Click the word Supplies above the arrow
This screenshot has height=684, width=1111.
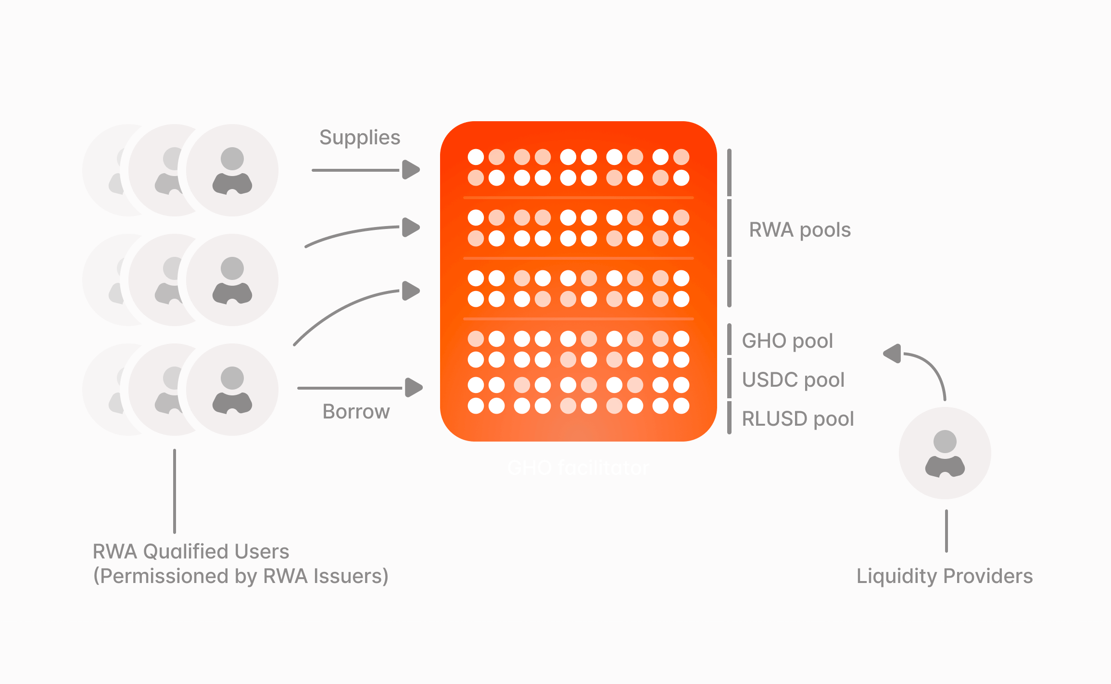click(x=360, y=138)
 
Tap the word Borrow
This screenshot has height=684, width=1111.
click(x=356, y=412)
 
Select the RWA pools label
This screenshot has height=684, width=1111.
click(x=800, y=230)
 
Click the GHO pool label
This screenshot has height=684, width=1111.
click(x=787, y=341)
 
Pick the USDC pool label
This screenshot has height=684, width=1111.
click(x=793, y=380)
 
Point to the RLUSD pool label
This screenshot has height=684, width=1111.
click(x=798, y=419)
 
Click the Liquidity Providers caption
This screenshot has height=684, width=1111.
click(x=945, y=576)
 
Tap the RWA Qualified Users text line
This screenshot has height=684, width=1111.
click(x=191, y=552)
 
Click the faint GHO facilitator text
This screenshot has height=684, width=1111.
click(x=578, y=468)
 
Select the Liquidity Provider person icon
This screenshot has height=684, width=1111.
click(x=945, y=453)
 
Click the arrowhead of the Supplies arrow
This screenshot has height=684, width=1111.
click(x=411, y=170)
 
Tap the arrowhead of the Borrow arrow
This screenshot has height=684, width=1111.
click(x=414, y=388)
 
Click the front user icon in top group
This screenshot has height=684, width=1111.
click(x=232, y=170)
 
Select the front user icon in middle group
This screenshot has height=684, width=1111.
click(x=232, y=280)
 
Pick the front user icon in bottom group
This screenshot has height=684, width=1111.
click(x=232, y=390)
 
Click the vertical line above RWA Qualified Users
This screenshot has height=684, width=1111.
click(x=175, y=491)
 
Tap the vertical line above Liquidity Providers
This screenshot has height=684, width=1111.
click(x=946, y=531)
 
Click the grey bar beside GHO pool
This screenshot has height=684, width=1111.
click(x=729, y=339)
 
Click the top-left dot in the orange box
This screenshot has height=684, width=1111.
click(x=476, y=157)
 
